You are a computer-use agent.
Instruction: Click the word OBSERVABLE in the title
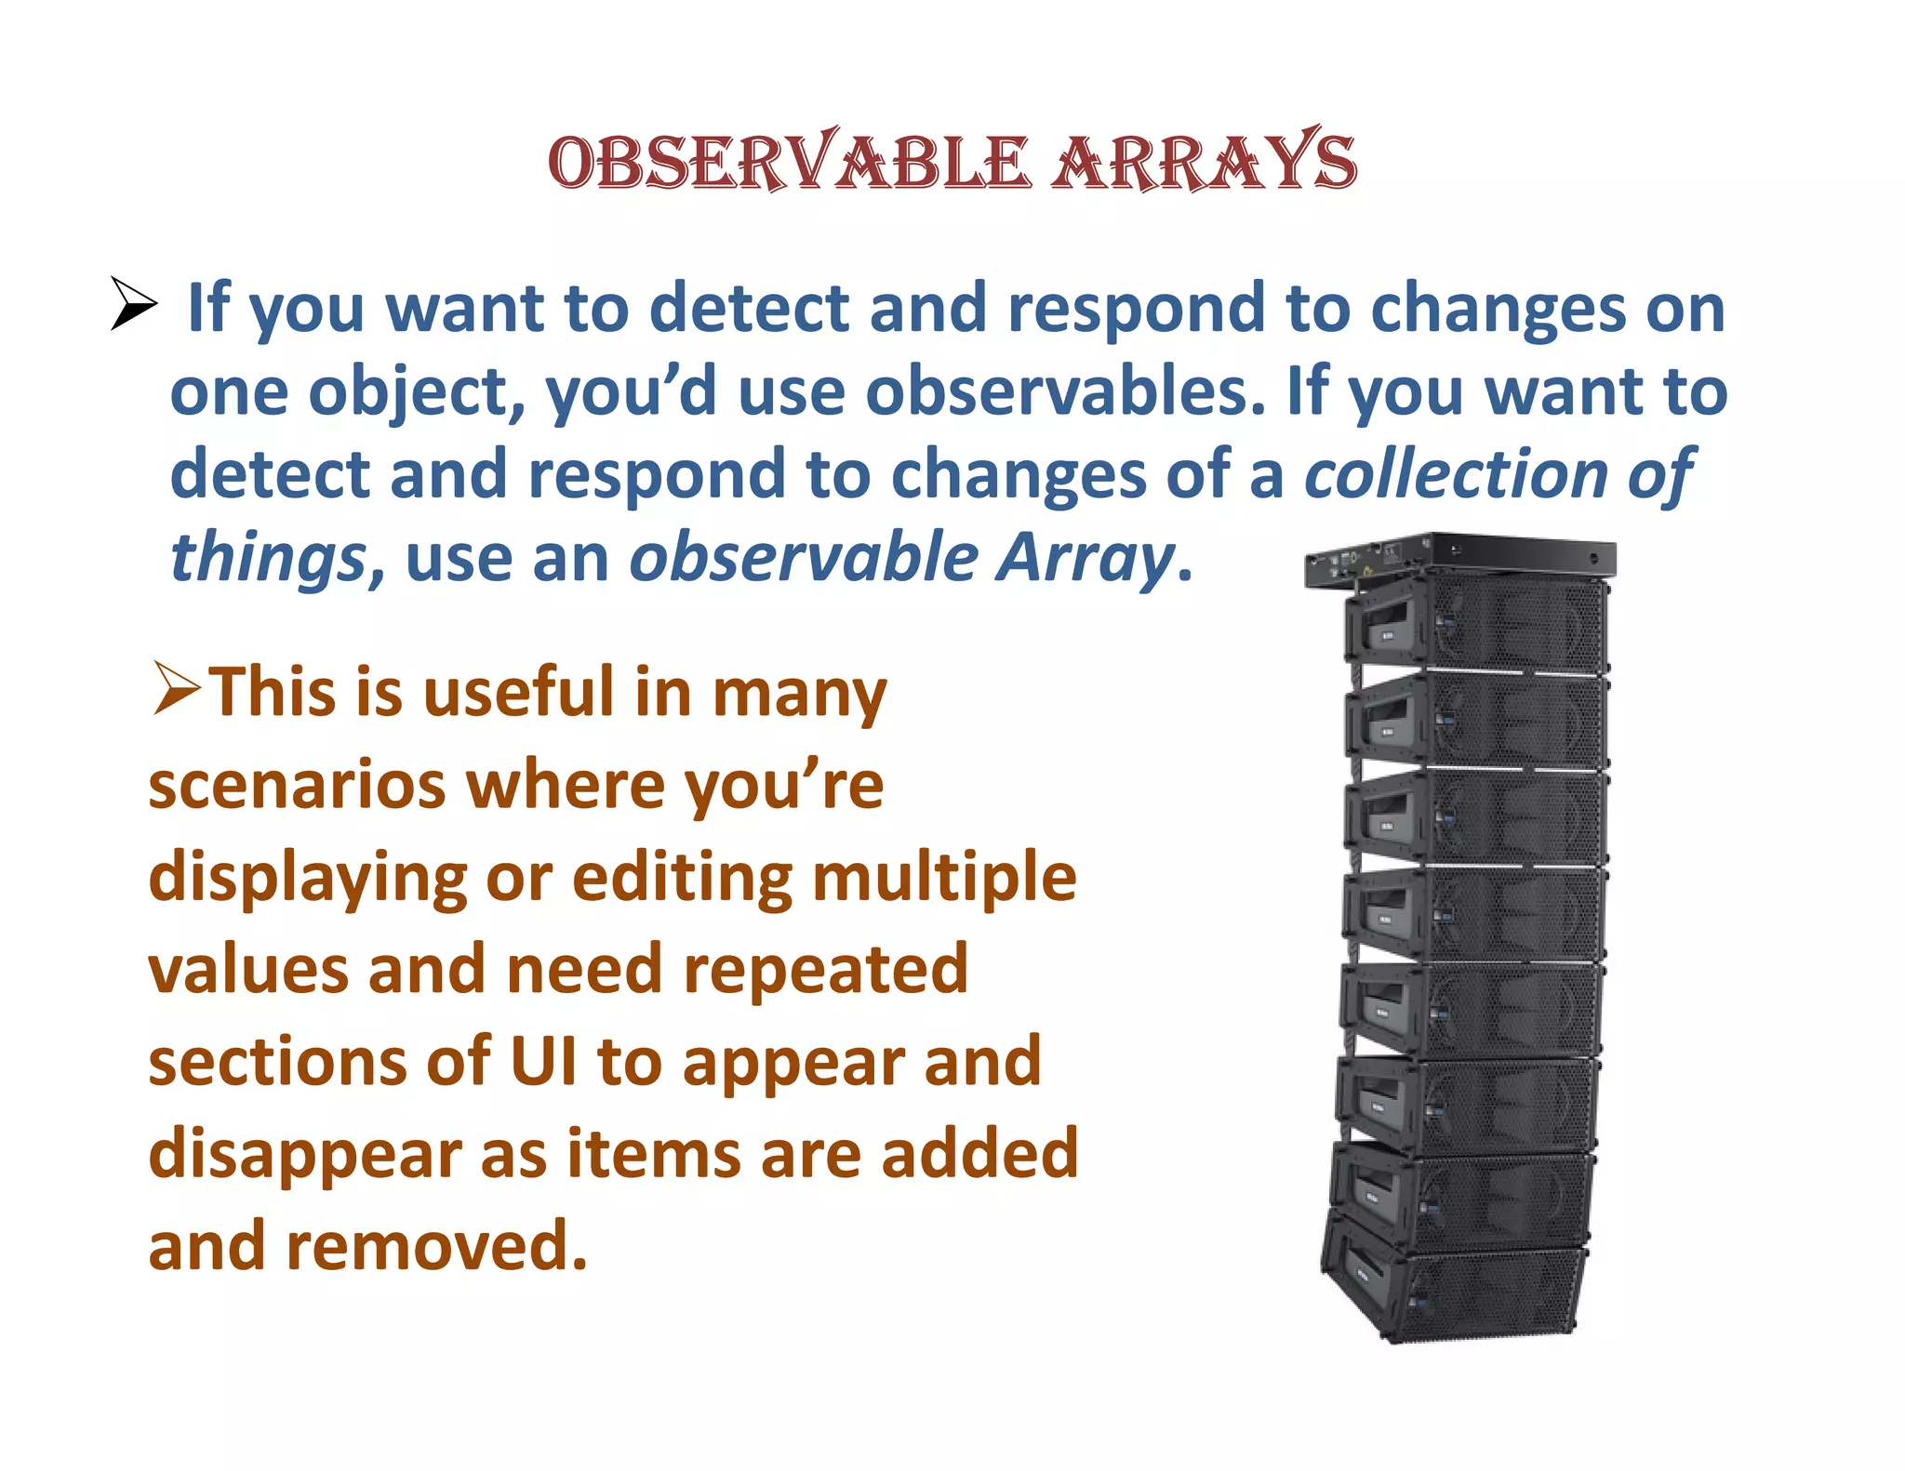click(x=789, y=163)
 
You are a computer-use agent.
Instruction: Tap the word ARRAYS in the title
click(x=1205, y=163)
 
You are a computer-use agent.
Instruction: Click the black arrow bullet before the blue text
click(x=133, y=303)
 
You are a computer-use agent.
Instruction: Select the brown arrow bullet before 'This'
click(x=177, y=689)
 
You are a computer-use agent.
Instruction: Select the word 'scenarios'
click(x=297, y=786)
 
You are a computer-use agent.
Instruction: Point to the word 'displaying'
click(x=307, y=879)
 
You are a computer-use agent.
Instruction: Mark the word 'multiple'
click(x=944, y=877)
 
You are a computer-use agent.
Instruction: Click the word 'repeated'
click(x=826, y=970)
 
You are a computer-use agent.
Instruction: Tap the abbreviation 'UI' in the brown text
click(x=543, y=1061)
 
